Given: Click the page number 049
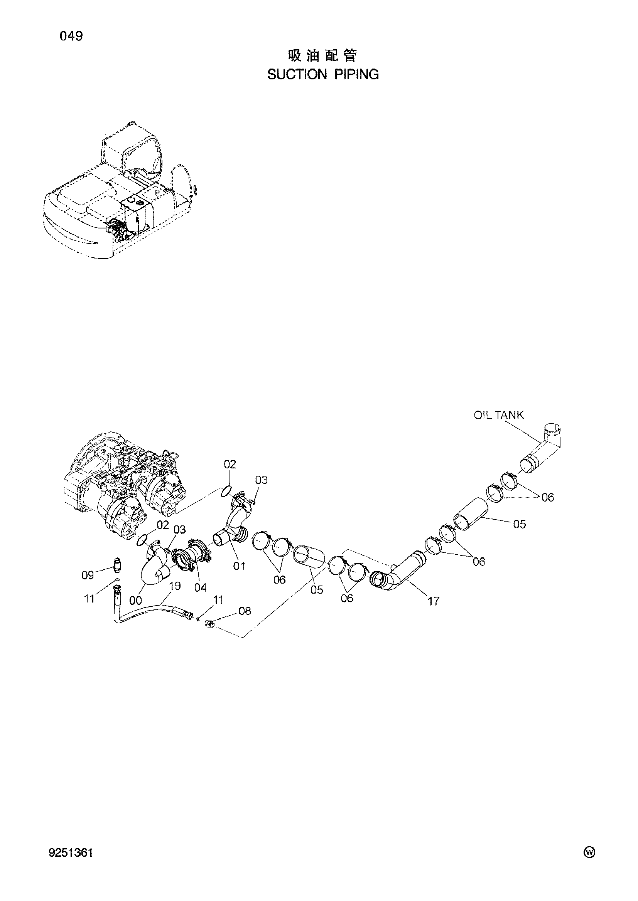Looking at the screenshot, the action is [71, 37].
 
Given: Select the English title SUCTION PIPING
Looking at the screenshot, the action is [323, 74].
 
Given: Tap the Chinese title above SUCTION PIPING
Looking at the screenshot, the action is [322, 56].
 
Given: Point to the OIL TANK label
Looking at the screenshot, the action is [498, 415].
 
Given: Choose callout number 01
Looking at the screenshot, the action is [239, 566].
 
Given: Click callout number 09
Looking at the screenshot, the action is [88, 575].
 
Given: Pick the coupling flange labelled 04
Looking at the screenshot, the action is [191, 557].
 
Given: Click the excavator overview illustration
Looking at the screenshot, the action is [120, 196].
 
